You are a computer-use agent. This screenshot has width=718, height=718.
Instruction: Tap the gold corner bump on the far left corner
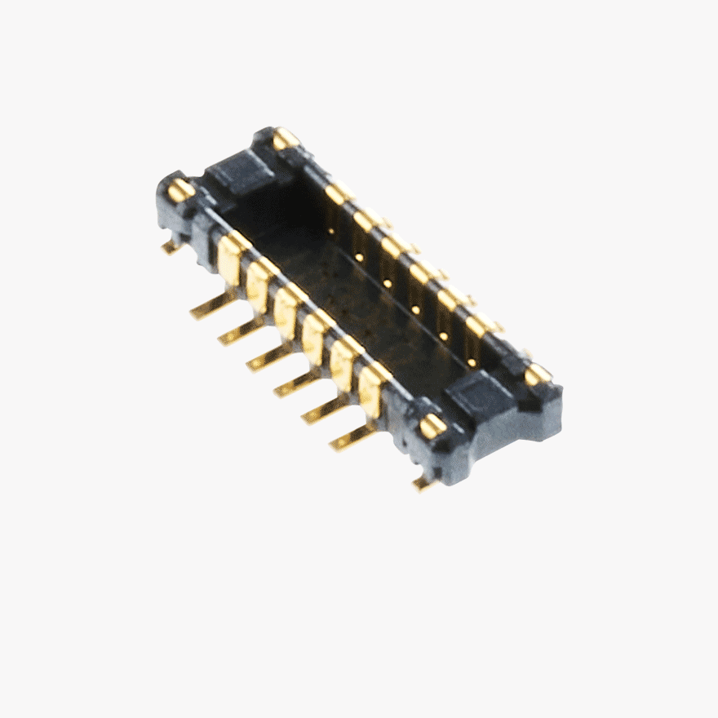point(180,190)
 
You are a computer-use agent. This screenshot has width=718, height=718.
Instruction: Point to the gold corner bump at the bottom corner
point(432,426)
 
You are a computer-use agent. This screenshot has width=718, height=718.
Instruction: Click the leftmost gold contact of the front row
point(230,259)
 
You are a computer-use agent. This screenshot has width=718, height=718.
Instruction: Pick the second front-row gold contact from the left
point(259,286)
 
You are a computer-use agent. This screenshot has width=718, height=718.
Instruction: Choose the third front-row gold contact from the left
point(286,312)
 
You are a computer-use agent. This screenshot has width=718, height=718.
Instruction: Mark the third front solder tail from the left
point(268,358)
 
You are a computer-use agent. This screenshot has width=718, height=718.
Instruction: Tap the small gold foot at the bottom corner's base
point(424,483)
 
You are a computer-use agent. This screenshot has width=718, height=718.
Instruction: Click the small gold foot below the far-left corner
point(171,246)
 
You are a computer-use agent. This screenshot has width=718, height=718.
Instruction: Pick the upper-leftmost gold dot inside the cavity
point(330,231)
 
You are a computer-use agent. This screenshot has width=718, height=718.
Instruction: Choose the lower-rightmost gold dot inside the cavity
point(472,362)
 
